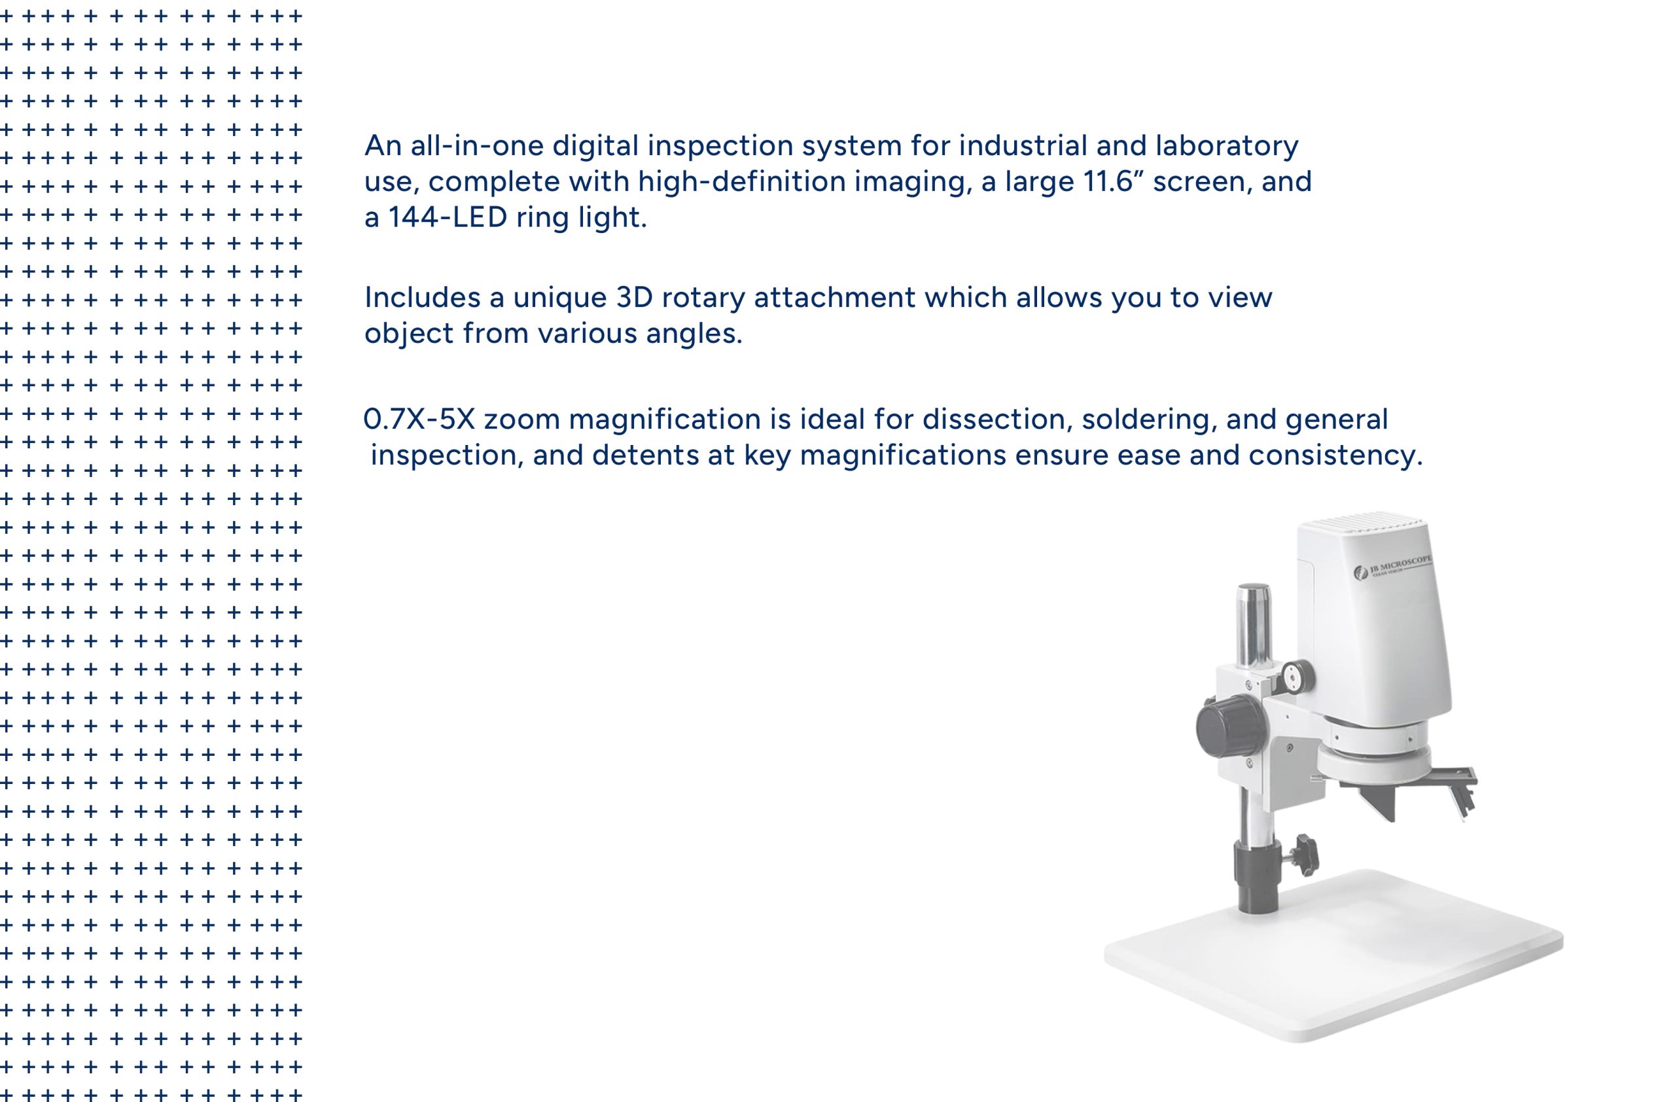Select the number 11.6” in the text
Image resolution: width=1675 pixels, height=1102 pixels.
[x=1109, y=181]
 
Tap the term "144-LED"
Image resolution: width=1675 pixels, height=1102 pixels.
[x=448, y=217]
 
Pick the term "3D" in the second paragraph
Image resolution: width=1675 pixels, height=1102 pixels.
[x=634, y=298]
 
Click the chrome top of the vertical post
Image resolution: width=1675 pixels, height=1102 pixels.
[x=1254, y=625]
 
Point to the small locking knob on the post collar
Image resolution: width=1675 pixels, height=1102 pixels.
[x=1303, y=853]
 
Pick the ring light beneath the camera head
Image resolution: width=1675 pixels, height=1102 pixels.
[x=1373, y=762]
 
